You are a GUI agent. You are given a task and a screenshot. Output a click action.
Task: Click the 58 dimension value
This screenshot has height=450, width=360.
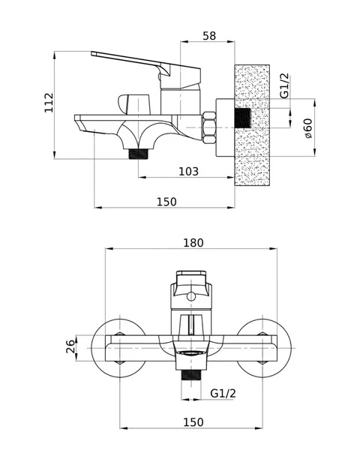coord(209,36)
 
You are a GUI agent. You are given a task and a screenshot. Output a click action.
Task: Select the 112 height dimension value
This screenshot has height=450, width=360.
coord(49,103)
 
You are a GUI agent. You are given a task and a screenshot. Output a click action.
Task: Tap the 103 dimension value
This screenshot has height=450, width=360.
coord(188,171)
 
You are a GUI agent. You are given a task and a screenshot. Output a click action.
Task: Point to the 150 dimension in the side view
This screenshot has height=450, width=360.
coord(166,202)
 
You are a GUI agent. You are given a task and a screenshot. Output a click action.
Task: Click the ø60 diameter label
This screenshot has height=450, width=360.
coord(307,128)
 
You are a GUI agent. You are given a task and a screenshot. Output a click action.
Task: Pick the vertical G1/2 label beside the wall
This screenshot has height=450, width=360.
coord(284,85)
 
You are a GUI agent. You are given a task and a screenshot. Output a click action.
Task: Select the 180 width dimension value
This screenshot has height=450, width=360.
coord(193,243)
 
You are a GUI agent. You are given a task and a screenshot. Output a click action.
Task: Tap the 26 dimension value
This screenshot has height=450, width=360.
coord(70,346)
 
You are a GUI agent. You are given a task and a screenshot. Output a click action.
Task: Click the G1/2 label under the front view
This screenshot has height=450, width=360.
coord(223,393)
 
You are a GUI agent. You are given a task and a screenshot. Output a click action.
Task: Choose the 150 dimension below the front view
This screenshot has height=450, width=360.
coord(193,422)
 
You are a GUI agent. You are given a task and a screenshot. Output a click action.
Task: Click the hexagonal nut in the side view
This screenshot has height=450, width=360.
coord(208,127)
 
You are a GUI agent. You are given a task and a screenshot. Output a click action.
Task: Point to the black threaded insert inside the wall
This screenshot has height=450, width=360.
coord(243,118)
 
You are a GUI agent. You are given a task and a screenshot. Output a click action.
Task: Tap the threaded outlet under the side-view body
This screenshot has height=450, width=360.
coord(138,154)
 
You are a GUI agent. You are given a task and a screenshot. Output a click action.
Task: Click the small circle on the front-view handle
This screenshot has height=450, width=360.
coord(191,296)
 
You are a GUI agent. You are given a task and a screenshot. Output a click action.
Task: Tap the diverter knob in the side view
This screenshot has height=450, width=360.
coord(134,103)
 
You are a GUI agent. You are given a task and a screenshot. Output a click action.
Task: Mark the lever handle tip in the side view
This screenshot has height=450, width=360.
coord(92,53)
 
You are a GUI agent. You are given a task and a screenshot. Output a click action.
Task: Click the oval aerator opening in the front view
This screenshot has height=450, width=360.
coord(191,352)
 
